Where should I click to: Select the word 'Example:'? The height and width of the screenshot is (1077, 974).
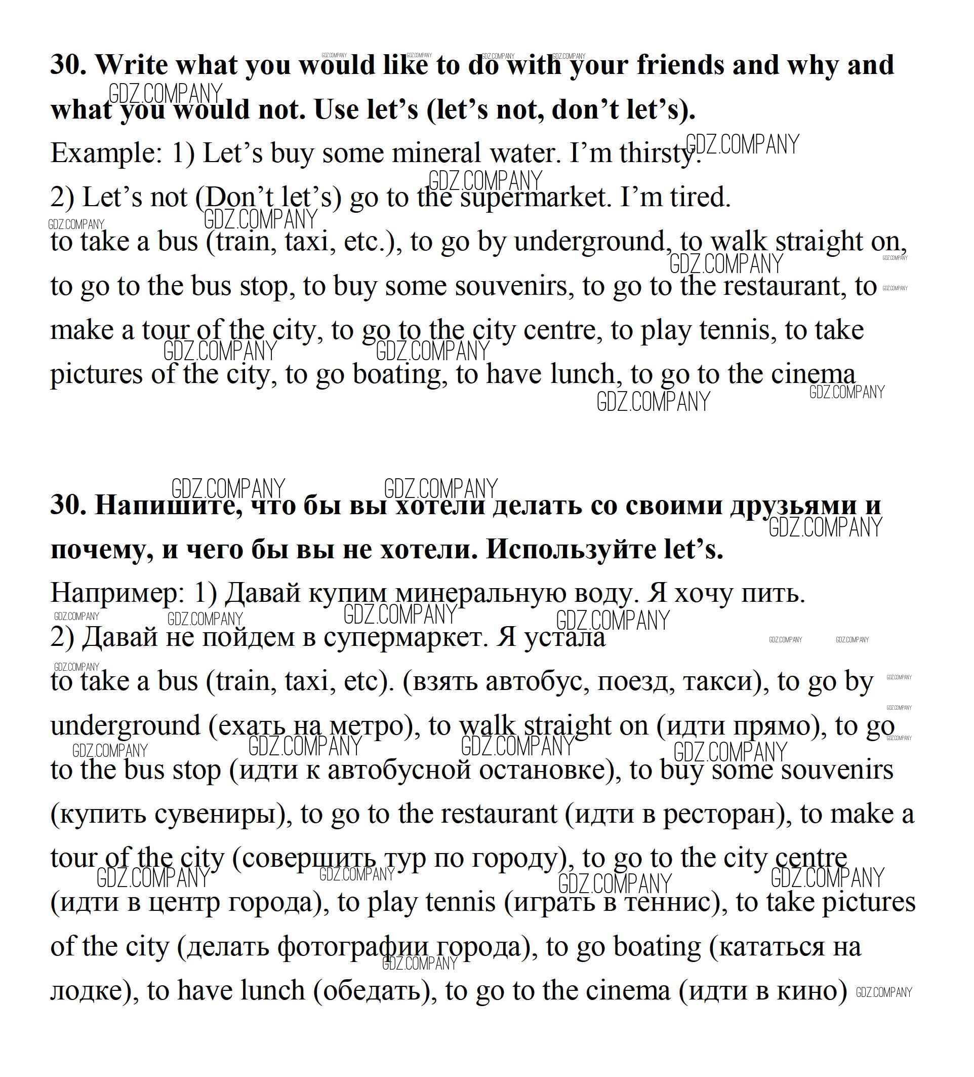106,153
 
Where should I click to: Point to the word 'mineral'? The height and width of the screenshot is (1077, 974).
436,153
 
